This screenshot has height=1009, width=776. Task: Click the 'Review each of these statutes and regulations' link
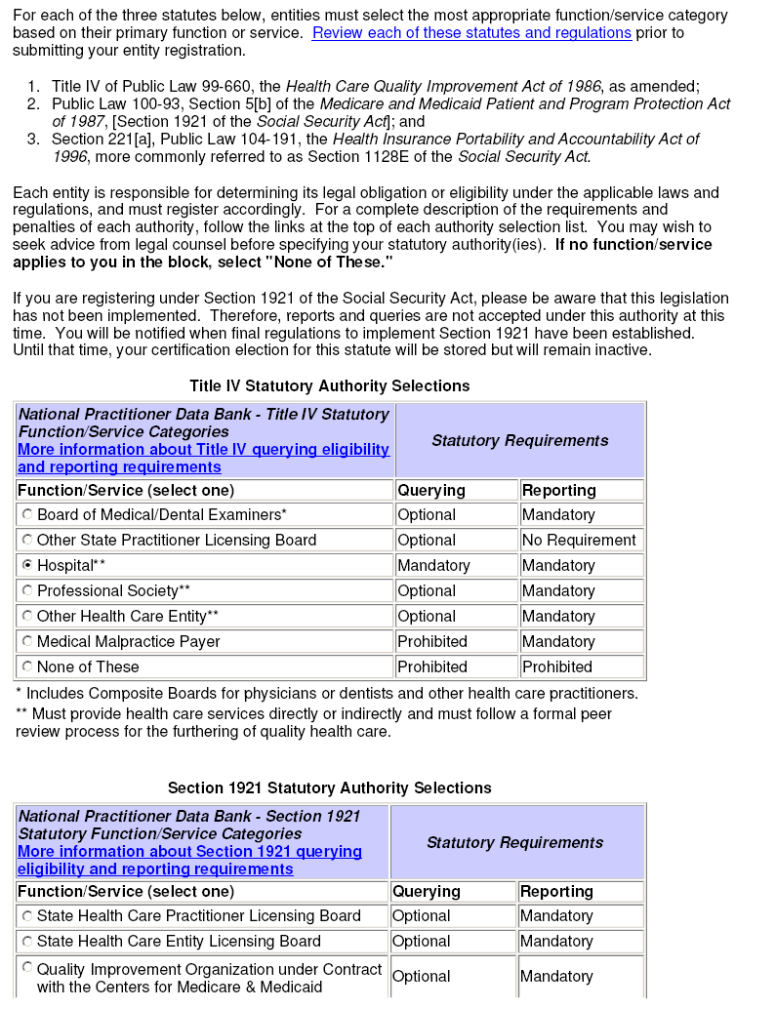471,33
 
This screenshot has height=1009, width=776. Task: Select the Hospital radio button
27,565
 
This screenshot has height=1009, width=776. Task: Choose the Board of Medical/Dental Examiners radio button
27,514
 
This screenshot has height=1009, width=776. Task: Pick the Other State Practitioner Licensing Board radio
27,540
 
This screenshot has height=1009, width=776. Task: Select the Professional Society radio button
27,590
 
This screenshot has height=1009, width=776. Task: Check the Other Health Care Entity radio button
27,616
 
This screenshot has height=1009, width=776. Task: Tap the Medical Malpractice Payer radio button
27,641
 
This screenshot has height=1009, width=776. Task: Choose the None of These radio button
27,666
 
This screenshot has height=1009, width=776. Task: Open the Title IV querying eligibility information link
203,459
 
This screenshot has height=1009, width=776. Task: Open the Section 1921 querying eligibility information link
189,861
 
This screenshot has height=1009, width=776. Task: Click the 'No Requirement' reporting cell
579,541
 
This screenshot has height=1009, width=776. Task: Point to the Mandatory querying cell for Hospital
433,566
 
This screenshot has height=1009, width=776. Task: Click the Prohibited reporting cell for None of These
557,667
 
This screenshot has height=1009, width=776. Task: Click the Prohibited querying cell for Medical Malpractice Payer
432,642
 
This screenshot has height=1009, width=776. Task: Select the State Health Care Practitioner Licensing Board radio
27,916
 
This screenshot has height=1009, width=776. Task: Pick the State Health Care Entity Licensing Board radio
27,942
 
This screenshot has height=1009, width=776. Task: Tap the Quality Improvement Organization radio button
27,967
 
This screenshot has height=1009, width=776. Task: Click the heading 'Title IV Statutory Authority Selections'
330,386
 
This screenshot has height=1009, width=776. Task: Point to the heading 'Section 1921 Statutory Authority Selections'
330,788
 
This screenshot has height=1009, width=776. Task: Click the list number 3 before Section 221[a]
32,140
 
